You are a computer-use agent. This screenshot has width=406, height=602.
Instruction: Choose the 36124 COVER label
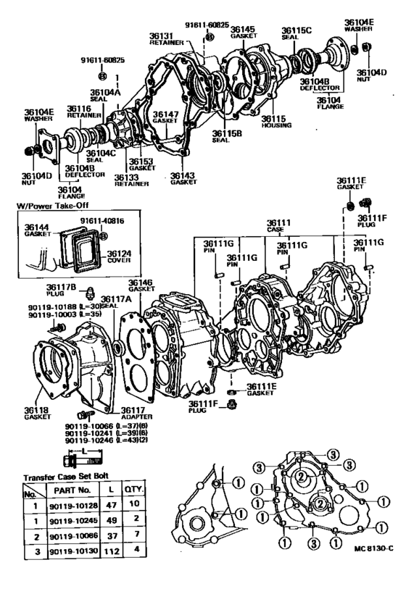pos(119,254)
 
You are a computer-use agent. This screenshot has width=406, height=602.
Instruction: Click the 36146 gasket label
pos(141,285)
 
